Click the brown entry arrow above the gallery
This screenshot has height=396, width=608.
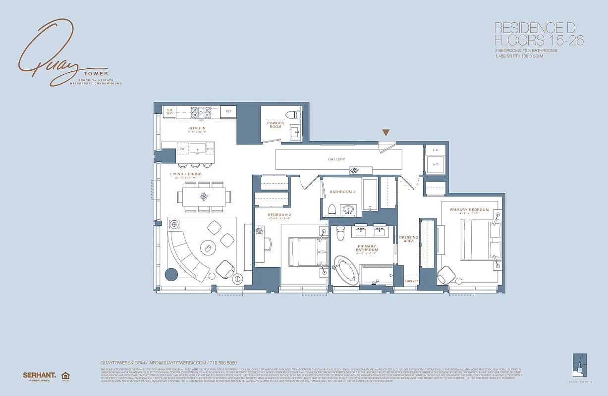pos(386,132)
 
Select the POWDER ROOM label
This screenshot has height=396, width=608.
pos(276,125)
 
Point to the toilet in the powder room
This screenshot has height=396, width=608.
pos(296,114)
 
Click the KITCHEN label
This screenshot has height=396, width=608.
pos(197,128)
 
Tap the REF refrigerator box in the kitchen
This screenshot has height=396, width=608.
pos(228,111)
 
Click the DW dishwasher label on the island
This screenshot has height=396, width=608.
pos(182,148)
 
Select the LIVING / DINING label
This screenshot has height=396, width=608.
pos(186,174)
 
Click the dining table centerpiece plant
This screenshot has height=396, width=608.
pos(204,197)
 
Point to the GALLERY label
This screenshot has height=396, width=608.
pos(336,159)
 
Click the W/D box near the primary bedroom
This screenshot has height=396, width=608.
pos(435,164)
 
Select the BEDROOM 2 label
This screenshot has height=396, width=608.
pos(279,215)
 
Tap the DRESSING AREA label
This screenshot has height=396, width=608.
pos(409,239)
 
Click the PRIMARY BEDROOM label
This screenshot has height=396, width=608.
pos(469,210)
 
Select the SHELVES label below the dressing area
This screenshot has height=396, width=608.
pos(411,281)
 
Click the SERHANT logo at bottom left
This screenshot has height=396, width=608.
pos(39,375)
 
